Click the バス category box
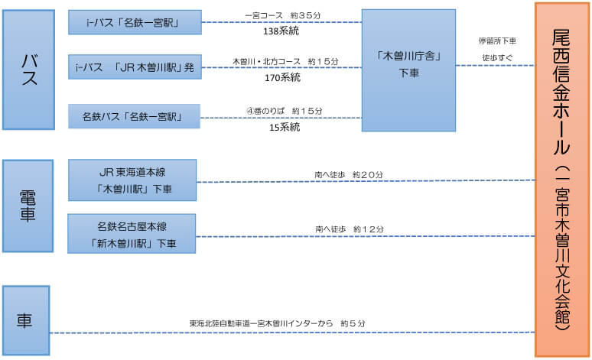(x=29, y=70)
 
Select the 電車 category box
(x=28, y=206)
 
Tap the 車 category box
(x=26, y=320)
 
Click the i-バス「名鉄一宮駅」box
(x=135, y=22)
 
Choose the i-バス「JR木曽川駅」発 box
(x=135, y=66)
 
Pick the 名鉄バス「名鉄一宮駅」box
(x=134, y=116)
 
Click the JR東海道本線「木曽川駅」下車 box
(x=132, y=180)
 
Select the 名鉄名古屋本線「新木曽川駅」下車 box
(x=132, y=234)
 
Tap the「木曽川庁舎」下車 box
(x=408, y=70)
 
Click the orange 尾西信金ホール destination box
(x=562, y=180)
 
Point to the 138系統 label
(x=281, y=31)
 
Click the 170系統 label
(x=282, y=78)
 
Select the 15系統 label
(x=285, y=128)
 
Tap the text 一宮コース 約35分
(x=283, y=15)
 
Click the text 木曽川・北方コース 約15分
(x=285, y=61)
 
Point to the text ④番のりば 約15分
(x=285, y=111)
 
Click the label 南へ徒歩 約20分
(x=349, y=175)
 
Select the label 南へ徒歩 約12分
(x=350, y=229)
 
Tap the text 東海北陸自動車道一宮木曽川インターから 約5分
(x=278, y=323)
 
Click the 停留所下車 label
(x=497, y=41)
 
